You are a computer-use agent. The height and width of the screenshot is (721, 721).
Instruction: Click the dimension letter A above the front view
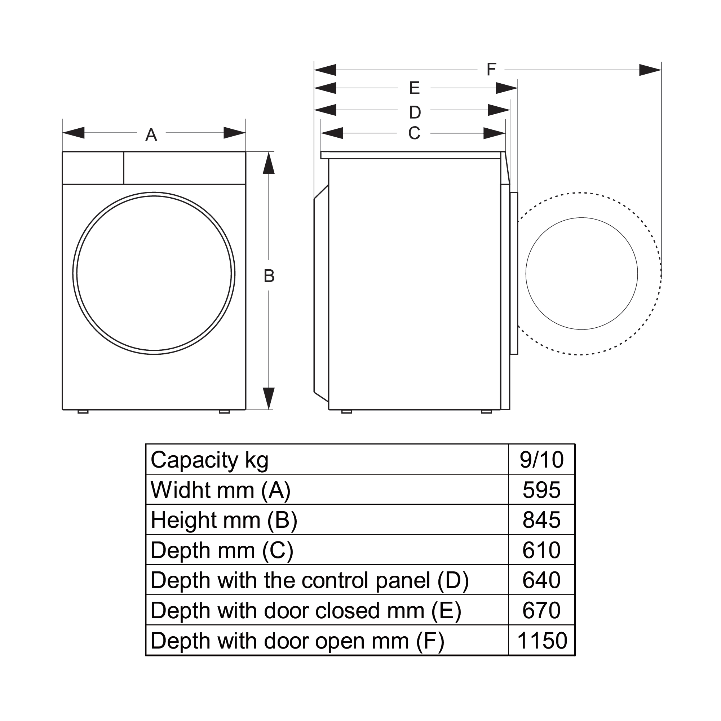click(151, 135)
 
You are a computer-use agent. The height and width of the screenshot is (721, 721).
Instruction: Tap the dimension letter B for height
click(269, 276)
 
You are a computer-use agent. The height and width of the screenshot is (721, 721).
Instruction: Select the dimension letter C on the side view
click(414, 133)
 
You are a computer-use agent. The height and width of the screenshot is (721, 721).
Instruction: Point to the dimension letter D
click(415, 112)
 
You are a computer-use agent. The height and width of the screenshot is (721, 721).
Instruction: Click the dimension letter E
click(414, 88)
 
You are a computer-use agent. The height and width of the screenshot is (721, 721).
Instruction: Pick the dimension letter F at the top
click(491, 70)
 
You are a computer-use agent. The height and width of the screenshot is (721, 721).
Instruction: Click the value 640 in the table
click(541, 580)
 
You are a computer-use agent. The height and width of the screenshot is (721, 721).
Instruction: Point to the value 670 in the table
click(541, 610)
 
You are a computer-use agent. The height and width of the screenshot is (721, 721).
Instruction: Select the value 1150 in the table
click(542, 640)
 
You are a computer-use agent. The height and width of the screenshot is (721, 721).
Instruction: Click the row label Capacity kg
click(209, 460)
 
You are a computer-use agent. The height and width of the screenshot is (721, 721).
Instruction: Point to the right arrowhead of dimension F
click(650, 70)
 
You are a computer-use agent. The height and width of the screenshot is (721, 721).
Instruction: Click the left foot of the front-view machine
click(83, 411)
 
